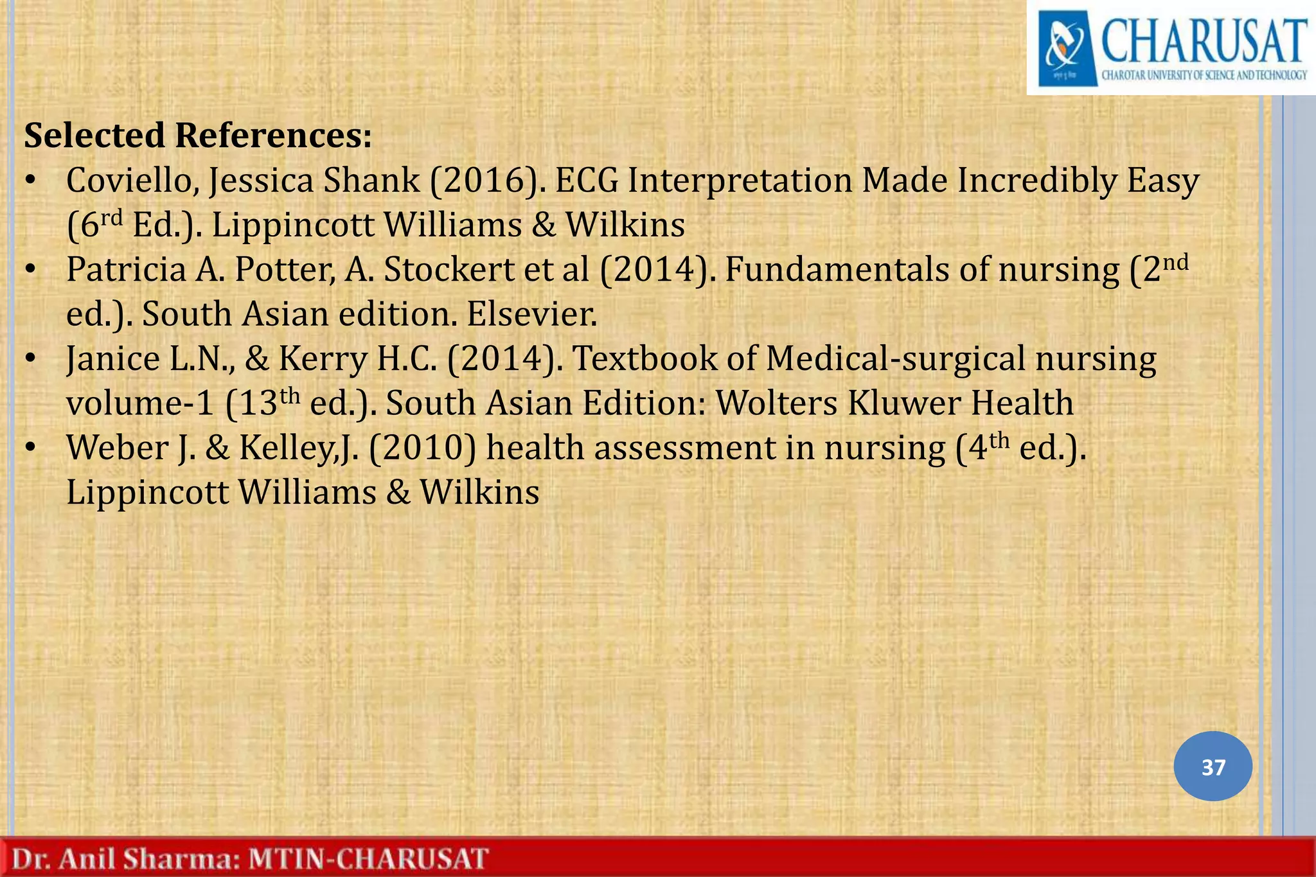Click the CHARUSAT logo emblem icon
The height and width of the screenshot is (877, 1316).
pos(1067,48)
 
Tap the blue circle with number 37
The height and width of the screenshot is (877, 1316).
pos(1213,766)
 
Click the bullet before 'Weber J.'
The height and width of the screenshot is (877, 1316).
pos(30,448)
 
